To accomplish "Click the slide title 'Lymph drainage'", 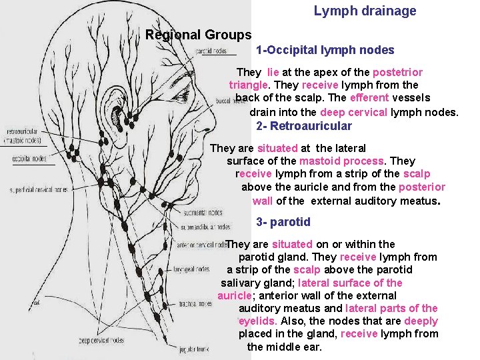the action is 365,11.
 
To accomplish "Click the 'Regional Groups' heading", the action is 198,35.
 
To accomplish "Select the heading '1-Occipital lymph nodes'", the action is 325,51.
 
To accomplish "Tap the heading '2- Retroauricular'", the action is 303,126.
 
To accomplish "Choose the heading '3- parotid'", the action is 283,222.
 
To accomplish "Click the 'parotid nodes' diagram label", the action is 211,51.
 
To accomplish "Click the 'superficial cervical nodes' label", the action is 38,189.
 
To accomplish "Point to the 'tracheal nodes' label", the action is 195,304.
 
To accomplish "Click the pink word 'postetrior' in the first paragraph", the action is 397,72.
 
